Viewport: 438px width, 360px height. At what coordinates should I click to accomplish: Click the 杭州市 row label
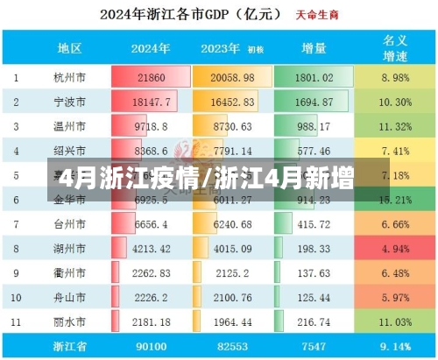click(x=70, y=77)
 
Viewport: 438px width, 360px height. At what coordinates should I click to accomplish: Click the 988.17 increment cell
click(x=313, y=127)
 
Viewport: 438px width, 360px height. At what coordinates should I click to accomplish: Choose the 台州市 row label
click(x=70, y=225)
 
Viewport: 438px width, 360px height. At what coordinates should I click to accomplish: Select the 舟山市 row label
click(x=70, y=299)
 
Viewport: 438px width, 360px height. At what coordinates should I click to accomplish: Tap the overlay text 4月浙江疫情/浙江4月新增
click(x=203, y=181)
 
